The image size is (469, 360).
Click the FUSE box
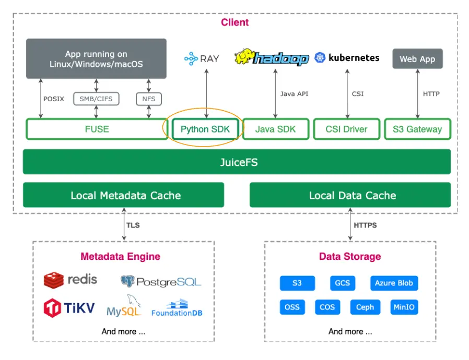click(97, 129)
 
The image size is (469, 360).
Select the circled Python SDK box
click(205, 129)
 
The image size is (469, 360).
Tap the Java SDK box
click(275, 129)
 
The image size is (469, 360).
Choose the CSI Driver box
click(346, 129)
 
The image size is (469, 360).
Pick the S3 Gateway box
click(417, 129)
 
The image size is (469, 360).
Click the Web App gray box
click(417, 59)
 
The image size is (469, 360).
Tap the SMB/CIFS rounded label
click(96, 99)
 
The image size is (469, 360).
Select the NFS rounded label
click(149, 99)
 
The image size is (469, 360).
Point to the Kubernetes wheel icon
click(320, 58)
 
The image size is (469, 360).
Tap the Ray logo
click(191, 59)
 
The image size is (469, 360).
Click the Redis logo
click(54, 280)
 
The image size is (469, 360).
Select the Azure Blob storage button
click(394, 283)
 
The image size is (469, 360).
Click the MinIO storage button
click(404, 307)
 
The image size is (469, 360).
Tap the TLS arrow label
click(133, 225)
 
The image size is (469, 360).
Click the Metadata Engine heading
click(120, 256)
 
